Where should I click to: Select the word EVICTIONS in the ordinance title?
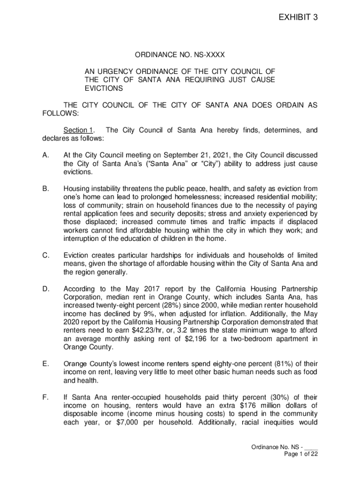point(103,88)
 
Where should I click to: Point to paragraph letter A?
point(45,155)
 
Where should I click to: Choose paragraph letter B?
point(45,188)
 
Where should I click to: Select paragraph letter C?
point(45,255)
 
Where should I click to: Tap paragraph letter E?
point(45,363)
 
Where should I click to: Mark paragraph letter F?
point(45,397)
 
